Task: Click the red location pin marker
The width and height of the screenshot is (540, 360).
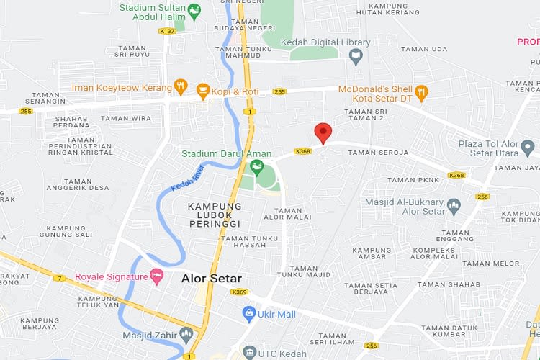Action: pyautogui.click(x=323, y=132)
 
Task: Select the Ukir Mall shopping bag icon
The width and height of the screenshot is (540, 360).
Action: pyautogui.click(x=249, y=313)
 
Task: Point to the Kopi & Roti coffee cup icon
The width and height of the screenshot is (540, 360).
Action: pyautogui.click(x=202, y=91)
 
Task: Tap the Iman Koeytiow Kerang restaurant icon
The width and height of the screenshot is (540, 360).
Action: pyautogui.click(x=181, y=88)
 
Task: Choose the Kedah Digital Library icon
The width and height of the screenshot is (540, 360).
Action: pyautogui.click(x=355, y=55)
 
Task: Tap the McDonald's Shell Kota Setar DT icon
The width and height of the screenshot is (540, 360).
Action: pyautogui.click(x=422, y=93)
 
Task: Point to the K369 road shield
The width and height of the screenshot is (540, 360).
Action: pyautogui.click(x=240, y=292)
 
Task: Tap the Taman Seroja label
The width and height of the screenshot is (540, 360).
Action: pyautogui.click(x=378, y=153)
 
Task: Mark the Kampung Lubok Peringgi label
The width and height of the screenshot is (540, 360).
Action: pyautogui.click(x=215, y=215)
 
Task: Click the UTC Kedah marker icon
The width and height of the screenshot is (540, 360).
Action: pyautogui.click(x=249, y=352)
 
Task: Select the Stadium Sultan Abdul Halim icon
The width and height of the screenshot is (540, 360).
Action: pyautogui.click(x=194, y=11)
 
